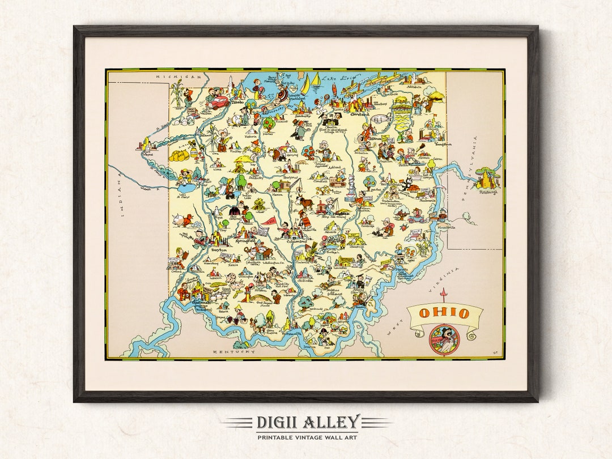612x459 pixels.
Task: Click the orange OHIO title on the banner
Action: click(445, 313)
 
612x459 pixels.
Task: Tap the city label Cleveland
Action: click(359, 114)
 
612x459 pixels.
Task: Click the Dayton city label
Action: click(219, 249)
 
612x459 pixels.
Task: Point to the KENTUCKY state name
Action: click(234, 352)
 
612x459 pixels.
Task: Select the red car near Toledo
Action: click(217, 101)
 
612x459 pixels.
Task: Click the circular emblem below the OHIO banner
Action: click(443, 339)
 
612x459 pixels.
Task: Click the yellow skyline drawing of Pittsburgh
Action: click(486, 178)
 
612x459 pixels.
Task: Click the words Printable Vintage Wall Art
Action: click(307, 437)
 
